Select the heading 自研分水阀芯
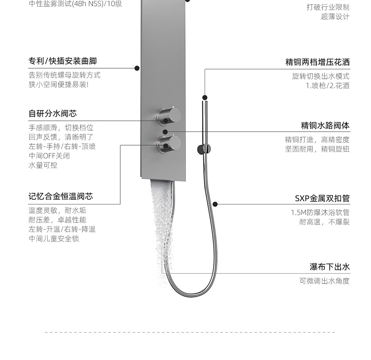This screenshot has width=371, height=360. point(52,114)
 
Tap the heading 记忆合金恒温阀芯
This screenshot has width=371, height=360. point(61,196)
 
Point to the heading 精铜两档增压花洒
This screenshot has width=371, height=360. point(317,62)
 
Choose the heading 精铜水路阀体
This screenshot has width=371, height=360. point(325,125)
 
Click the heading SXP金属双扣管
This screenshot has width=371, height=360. point(322,198)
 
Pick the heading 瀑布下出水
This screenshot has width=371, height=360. point(329,267)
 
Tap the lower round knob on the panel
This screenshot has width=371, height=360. point(169,143)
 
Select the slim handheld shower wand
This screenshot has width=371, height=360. point(205,120)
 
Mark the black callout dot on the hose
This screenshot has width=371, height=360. point(215,204)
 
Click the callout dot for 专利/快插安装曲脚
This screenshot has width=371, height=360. point(137,68)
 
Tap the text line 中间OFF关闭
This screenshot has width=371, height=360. point(49,156)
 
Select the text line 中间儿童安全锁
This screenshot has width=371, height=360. point(54,238)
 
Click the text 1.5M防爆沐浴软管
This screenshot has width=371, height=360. point(320,213)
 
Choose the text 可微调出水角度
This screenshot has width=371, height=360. point(324,281)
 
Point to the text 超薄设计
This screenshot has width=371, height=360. point(335,17)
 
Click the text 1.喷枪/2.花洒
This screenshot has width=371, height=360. point(327,85)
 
